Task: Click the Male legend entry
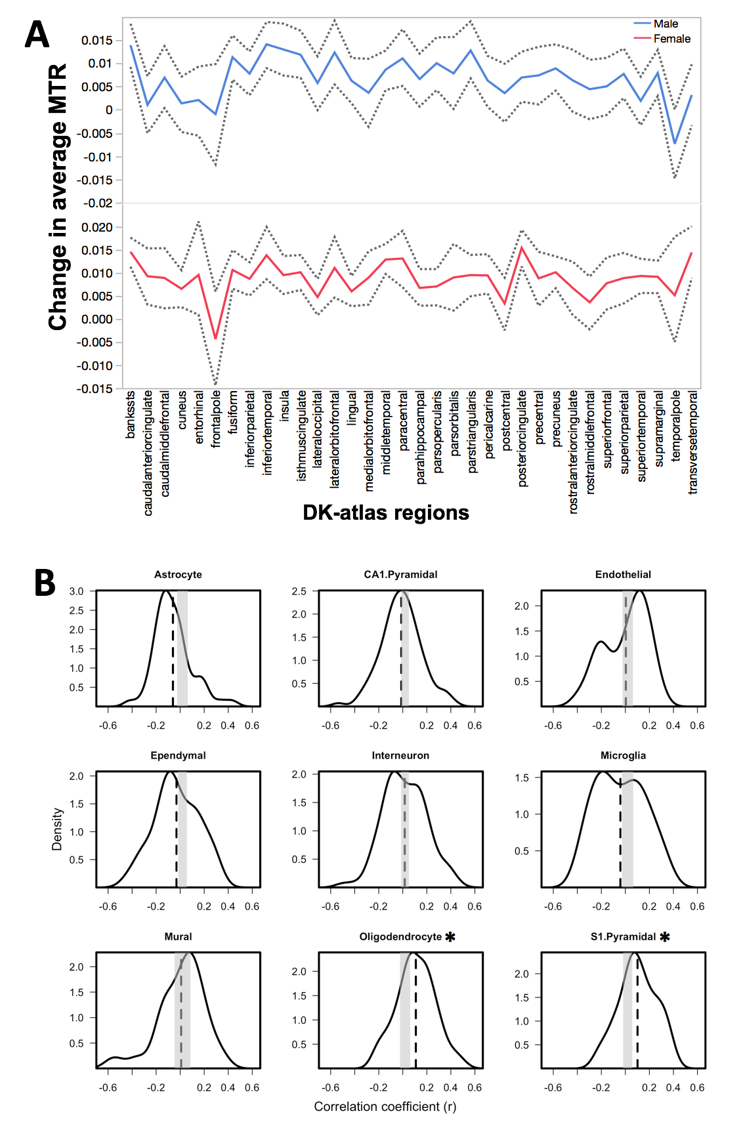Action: [x=665, y=24]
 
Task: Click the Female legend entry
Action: [x=671, y=39]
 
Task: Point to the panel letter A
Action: [x=37, y=34]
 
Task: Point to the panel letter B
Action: [x=45, y=581]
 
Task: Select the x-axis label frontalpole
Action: [x=216, y=419]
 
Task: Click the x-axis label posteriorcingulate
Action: [x=522, y=438]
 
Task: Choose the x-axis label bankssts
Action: [x=130, y=414]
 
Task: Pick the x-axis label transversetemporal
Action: [x=692, y=442]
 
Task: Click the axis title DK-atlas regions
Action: [x=386, y=513]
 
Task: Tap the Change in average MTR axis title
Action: [x=58, y=197]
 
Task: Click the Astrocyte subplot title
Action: [x=178, y=574]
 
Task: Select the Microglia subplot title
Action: [x=623, y=755]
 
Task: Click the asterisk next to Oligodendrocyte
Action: [x=450, y=937]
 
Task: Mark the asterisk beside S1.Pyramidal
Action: [x=665, y=937]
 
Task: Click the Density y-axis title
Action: [x=57, y=829]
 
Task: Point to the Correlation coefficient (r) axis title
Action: [x=385, y=1106]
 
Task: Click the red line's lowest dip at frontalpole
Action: [x=215, y=339]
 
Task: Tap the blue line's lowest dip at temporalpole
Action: [x=674, y=143]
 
